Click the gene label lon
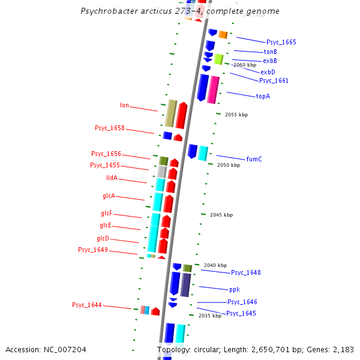(124, 106)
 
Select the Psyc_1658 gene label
(109, 128)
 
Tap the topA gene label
(263, 96)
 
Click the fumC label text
(254, 159)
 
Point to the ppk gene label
(234, 289)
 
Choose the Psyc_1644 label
(86, 305)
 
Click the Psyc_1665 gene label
(281, 43)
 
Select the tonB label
(270, 52)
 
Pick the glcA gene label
(109, 196)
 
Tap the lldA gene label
(112, 178)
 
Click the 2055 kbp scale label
(236, 115)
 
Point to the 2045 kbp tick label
(221, 215)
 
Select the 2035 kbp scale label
(209, 316)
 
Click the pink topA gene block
(213, 89)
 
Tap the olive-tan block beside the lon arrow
(170, 113)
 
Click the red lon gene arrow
(182, 115)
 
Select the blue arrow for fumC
(193, 151)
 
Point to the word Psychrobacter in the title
(110, 11)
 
